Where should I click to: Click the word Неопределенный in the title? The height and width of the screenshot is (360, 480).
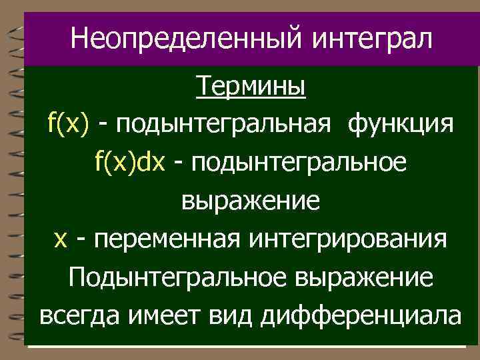173,39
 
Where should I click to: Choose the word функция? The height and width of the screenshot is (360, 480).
401,124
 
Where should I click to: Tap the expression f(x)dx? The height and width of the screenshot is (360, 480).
129,162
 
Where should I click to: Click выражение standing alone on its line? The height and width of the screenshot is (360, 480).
251,201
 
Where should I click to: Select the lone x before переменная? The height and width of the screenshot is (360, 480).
59,239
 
